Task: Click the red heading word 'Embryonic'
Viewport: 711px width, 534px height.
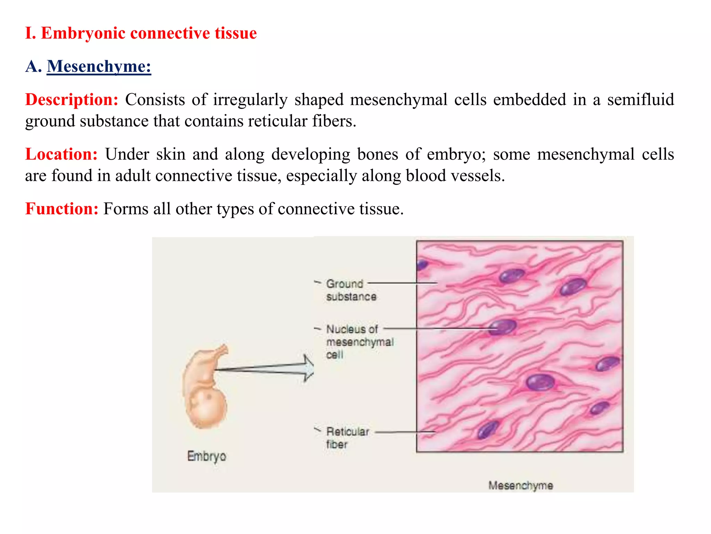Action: [83, 33]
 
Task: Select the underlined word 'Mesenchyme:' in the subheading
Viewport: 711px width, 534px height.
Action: [99, 66]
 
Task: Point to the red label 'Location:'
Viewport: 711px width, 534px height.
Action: [61, 154]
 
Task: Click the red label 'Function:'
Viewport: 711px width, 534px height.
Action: [62, 209]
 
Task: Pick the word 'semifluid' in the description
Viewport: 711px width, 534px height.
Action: [640, 100]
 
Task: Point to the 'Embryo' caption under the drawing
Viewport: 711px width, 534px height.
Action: [207, 456]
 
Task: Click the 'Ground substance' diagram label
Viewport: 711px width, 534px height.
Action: [351, 290]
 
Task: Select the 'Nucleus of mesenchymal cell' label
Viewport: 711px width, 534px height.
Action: [360, 341]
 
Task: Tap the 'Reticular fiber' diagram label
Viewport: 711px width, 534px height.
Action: [347, 438]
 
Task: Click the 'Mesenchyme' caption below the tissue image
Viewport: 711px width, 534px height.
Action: [520, 485]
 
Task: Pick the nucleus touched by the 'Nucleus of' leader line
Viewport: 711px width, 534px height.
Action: [502, 327]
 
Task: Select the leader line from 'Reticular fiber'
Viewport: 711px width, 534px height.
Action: [405, 432]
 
